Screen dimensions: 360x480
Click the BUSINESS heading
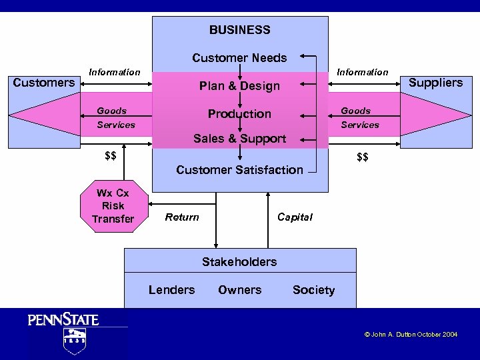(x=239, y=30)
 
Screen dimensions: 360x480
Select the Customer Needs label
(x=239, y=58)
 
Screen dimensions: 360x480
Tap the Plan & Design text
(x=239, y=86)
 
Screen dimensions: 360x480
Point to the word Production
(x=239, y=114)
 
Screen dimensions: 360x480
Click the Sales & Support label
(x=239, y=139)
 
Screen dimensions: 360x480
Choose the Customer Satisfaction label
(x=239, y=170)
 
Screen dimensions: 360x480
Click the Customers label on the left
(x=44, y=83)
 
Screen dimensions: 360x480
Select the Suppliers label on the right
(x=435, y=83)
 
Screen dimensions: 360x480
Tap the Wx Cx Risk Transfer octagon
(x=113, y=206)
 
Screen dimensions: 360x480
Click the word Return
(x=182, y=217)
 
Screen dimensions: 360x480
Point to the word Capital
(x=295, y=217)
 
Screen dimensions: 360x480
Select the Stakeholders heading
(x=239, y=262)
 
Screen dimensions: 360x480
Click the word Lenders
(x=171, y=290)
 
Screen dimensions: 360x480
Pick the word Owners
(x=239, y=290)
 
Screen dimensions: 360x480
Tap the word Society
(x=313, y=290)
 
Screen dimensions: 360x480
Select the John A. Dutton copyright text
(x=411, y=335)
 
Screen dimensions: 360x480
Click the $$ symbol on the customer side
(x=111, y=156)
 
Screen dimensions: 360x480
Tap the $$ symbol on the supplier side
(x=363, y=157)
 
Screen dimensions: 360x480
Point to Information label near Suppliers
(x=362, y=72)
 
